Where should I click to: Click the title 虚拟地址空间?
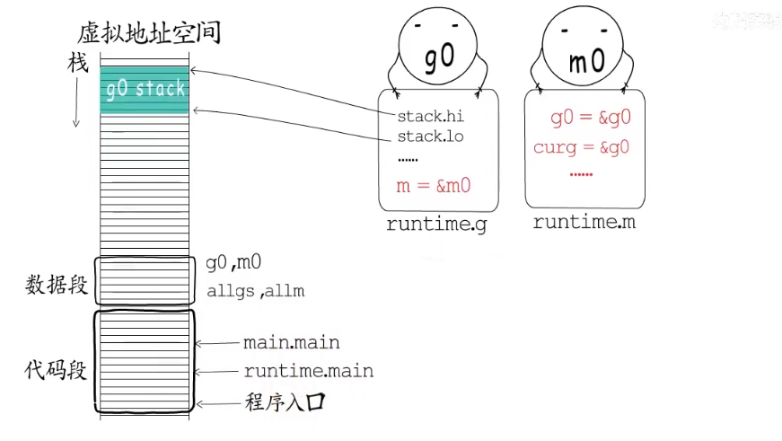pyautogui.click(x=149, y=34)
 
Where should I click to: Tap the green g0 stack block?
pyautogui.click(x=145, y=89)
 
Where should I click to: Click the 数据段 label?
pyautogui.click(x=57, y=286)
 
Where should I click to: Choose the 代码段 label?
pyautogui.click(x=57, y=369)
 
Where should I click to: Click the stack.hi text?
pyautogui.click(x=431, y=117)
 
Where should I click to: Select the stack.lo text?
pyautogui.click(x=431, y=137)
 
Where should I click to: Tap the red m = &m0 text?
pyautogui.click(x=434, y=186)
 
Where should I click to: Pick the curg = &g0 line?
pyautogui.click(x=581, y=147)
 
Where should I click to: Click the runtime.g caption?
pyautogui.click(x=436, y=225)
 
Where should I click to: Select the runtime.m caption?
pyautogui.click(x=584, y=222)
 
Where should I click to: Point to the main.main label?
pyautogui.click(x=291, y=343)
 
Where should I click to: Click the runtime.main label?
pyautogui.click(x=308, y=371)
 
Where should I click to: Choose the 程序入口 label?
pyautogui.click(x=283, y=402)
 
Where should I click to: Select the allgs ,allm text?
pyautogui.click(x=255, y=290)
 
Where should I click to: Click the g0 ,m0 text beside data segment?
pyautogui.click(x=233, y=263)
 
